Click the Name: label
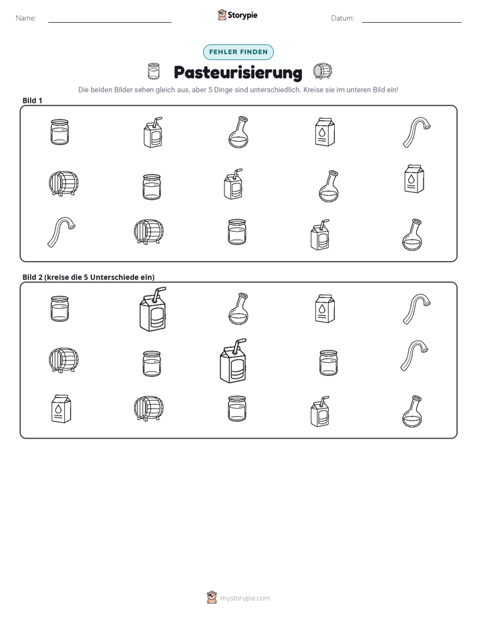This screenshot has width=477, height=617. click(26, 18)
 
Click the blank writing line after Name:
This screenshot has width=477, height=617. click(110, 22)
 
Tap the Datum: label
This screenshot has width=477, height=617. click(342, 18)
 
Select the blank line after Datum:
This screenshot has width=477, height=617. click(412, 22)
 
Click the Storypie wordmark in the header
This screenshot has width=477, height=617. click(243, 15)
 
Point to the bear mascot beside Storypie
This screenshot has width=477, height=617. click(222, 15)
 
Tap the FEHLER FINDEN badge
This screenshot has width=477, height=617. click(238, 52)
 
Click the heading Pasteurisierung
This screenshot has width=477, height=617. click(238, 72)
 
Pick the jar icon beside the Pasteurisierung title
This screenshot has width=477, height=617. click(154, 71)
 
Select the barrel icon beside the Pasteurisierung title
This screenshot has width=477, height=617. click(323, 71)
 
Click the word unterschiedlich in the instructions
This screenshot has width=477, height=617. click(275, 89)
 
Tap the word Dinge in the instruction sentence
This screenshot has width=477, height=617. click(224, 90)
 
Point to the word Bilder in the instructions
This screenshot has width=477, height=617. click(123, 89)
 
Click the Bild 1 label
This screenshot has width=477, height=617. click(32, 100)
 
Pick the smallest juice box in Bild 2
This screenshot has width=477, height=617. click(319, 411)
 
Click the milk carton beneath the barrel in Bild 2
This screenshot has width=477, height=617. click(61, 409)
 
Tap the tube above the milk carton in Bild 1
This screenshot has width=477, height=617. click(417, 132)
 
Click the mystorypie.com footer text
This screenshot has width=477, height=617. click(245, 598)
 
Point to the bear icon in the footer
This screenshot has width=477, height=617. click(212, 598)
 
